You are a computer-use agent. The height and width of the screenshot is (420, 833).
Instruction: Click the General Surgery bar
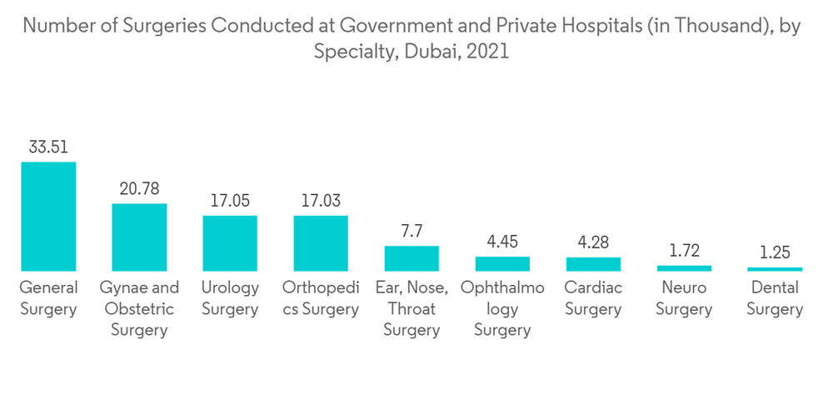(x=48, y=217)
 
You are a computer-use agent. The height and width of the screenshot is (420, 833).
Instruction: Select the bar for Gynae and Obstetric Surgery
(x=139, y=237)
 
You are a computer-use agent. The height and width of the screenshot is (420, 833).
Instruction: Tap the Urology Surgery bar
(x=230, y=243)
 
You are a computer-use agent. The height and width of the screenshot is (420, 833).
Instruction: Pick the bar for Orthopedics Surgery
(x=321, y=243)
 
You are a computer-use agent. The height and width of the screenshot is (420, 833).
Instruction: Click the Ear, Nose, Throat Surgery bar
(x=412, y=258)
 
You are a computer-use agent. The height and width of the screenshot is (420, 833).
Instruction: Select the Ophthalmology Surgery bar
(x=502, y=263)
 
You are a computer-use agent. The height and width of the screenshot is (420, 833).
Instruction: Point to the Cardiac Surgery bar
(x=593, y=264)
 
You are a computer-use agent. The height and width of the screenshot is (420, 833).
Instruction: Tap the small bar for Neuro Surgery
(x=684, y=268)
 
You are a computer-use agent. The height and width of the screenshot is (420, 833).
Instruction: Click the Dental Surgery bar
(x=775, y=269)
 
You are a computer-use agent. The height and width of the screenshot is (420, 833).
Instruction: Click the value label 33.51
(x=48, y=147)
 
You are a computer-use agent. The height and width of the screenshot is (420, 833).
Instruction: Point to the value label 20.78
(x=139, y=189)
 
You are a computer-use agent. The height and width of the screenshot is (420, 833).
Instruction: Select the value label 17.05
(x=230, y=201)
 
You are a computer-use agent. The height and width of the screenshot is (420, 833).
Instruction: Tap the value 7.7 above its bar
(x=412, y=232)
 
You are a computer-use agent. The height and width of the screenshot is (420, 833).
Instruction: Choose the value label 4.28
(x=593, y=242)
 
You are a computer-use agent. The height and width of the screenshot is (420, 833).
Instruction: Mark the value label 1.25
(x=775, y=252)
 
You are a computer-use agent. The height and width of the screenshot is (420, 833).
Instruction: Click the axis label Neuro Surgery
(x=684, y=298)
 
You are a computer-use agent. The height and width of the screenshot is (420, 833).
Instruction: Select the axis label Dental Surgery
(x=775, y=298)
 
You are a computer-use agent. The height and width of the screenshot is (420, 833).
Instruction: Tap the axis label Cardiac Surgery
(x=593, y=298)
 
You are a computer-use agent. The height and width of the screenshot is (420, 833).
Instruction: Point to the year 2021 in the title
(x=488, y=51)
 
